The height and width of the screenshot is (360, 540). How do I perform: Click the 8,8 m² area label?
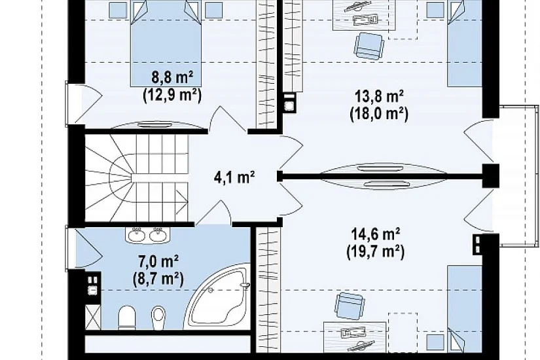(x=172, y=78)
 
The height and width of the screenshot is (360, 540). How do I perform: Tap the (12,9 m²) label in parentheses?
(x=172, y=95)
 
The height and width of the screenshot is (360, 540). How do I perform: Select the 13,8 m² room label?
(x=379, y=96)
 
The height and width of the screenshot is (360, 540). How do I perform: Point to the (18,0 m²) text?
(x=379, y=113)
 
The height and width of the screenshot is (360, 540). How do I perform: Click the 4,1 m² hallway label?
(x=234, y=177)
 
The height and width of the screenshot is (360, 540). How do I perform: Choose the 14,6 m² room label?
(x=376, y=234)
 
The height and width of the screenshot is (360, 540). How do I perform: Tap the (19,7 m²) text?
(x=376, y=251)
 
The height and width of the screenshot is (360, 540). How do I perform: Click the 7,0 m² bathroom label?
(x=158, y=261)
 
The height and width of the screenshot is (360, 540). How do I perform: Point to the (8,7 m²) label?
(x=158, y=278)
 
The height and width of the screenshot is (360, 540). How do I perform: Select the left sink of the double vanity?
(x=137, y=235)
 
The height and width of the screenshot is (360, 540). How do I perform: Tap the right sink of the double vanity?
(x=158, y=235)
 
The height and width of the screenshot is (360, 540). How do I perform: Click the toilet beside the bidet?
(x=127, y=317)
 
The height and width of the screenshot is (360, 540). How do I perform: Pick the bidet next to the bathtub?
(x=159, y=317)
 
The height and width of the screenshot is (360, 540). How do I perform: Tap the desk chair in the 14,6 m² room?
(x=350, y=305)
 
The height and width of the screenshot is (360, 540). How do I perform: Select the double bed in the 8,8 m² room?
(x=166, y=43)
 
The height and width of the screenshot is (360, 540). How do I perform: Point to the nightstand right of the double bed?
(x=214, y=10)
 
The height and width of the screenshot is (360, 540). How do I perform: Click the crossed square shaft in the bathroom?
(x=93, y=317)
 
